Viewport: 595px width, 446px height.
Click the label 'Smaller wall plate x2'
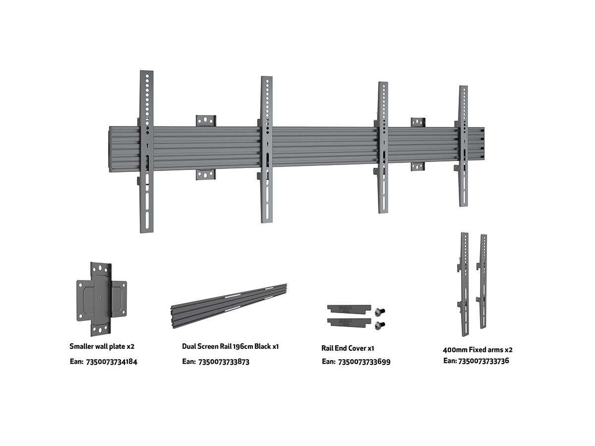tap(102, 346)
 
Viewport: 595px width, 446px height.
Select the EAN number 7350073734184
tap(112, 362)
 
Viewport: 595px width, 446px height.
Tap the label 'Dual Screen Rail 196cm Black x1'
tap(231, 346)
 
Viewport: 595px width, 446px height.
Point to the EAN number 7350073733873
tap(224, 362)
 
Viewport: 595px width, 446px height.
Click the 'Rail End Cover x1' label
tap(348, 348)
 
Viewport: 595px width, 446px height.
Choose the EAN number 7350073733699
tap(364, 362)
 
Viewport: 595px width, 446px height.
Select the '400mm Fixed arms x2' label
tap(477, 350)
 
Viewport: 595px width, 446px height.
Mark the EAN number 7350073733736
tap(483, 361)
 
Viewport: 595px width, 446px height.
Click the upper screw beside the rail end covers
tap(379, 312)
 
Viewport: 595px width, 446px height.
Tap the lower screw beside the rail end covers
tap(379, 325)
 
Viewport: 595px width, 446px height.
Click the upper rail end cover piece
tap(349, 309)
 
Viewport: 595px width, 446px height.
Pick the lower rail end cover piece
tap(349, 322)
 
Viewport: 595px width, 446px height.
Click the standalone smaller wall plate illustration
tap(101, 299)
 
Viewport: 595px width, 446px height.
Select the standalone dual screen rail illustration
tap(229, 306)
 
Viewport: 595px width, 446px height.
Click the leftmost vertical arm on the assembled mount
tap(147, 152)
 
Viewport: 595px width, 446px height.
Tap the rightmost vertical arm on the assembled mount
tap(463, 146)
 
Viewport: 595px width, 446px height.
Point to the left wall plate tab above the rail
tap(206, 121)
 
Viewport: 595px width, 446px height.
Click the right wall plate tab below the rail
tap(417, 167)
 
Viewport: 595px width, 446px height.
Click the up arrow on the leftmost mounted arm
tap(147, 146)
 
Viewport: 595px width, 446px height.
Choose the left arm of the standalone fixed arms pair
tap(464, 284)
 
